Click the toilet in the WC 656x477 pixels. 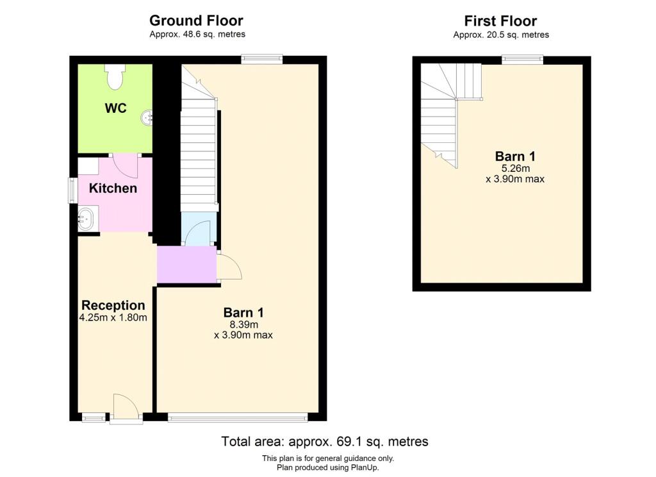coord(115,77)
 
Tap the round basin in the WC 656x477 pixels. coord(147,117)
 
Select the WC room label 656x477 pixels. coord(115,108)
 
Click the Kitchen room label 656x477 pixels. coord(113,188)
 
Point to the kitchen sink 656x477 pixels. coord(86,219)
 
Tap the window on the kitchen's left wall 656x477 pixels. coord(72,191)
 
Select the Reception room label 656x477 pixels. coord(113,305)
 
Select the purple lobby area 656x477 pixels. coord(186,264)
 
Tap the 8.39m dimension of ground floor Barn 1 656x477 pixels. coord(243,325)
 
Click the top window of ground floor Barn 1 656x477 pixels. coord(262,60)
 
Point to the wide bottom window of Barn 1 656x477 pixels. coord(238,417)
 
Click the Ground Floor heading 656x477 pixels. coord(196,21)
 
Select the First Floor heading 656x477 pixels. coord(500,21)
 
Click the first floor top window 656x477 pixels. coord(523,60)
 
